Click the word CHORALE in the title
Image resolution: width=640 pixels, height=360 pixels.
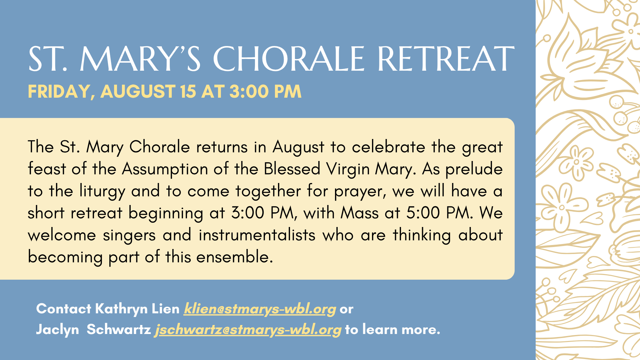point(289,59)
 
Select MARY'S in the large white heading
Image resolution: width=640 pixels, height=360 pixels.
point(140,59)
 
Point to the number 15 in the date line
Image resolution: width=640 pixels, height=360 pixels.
point(188,91)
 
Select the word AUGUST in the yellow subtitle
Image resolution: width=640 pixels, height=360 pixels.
point(138,91)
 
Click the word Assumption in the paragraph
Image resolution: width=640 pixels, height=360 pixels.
point(165,169)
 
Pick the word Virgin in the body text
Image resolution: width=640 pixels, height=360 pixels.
point(348,169)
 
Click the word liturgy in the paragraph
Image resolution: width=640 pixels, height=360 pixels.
point(102,191)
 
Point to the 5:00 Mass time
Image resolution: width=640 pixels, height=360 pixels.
point(423,213)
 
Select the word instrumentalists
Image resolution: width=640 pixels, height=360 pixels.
point(257,235)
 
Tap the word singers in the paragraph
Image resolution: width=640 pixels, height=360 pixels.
point(129,236)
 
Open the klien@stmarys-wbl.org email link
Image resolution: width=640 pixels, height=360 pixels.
point(260,309)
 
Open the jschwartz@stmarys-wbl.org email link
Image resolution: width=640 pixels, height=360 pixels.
point(248,330)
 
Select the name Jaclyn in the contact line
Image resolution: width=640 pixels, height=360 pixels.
point(57,330)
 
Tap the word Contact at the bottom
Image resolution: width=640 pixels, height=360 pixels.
point(64,309)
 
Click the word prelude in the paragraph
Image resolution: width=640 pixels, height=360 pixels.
point(474,169)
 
